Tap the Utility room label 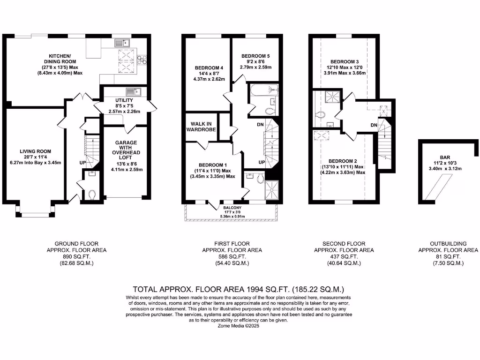click(x=124, y=100)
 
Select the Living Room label click(x=36, y=151)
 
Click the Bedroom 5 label click(x=255, y=56)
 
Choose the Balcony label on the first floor click(x=232, y=207)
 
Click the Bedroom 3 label click(x=345, y=62)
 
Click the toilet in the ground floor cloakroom click(x=91, y=194)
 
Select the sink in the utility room click(x=130, y=91)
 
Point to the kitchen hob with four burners click(x=142, y=59)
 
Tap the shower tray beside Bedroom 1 click(x=271, y=190)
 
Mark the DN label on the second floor click(x=374, y=125)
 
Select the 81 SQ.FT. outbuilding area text click(x=448, y=257)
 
